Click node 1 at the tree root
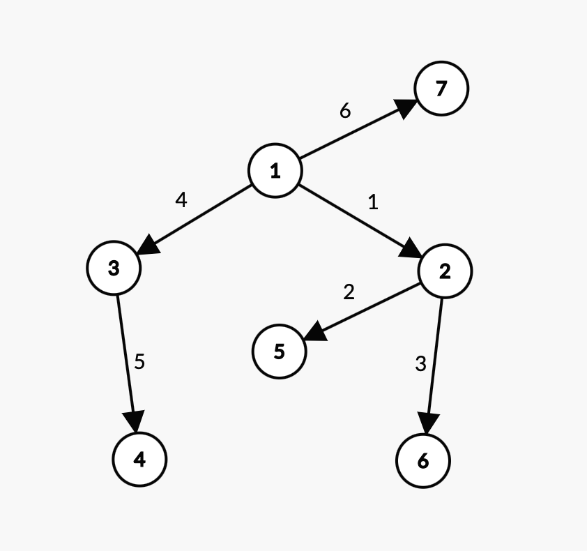click(x=275, y=171)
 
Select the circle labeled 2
click(x=445, y=271)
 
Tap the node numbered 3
click(x=114, y=268)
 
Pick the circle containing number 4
click(x=139, y=459)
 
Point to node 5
click(x=279, y=352)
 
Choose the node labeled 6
click(x=423, y=461)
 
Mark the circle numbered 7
click(x=441, y=89)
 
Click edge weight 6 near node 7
click(x=345, y=111)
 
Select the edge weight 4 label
click(x=181, y=200)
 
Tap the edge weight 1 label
click(x=373, y=202)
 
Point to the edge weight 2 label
click(x=349, y=292)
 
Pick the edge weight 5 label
click(x=139, y=362)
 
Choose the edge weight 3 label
click(x=420, y=363)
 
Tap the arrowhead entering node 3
click(x=147, y=247)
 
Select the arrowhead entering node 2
click(x=411, y=250)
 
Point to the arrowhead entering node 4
click(x=135, y=422)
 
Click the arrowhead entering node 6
click(x=428, y=423)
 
